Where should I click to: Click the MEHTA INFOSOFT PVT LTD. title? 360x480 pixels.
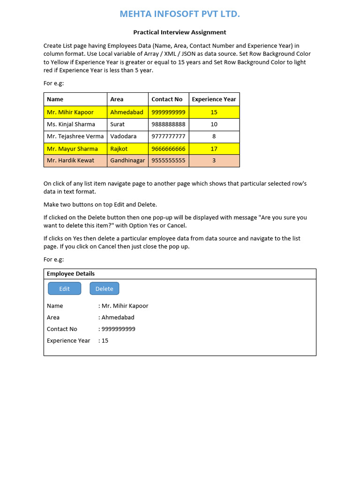point(180,14)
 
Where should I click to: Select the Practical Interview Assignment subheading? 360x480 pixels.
point(180,32)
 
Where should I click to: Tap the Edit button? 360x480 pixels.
point(64,289)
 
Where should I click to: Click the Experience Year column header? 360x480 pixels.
point(214,99)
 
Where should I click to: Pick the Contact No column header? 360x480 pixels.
point(167,99)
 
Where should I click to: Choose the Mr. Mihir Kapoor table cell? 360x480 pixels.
point(70,112)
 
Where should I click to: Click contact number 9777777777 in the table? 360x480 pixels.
point(168,136)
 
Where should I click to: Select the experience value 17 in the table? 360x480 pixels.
point(214,149)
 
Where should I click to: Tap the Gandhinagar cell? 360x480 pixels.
point(127,160)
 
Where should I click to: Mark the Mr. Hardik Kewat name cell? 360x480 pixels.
point(70,160)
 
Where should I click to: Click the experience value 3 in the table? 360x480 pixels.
point(214,160)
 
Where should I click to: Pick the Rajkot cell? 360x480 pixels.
point(119,149)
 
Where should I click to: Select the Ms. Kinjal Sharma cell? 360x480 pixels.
point(71,124)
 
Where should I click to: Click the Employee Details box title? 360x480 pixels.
point(71,274)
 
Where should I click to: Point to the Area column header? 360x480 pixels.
point(117,99)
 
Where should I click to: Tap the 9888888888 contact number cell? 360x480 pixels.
point(168,124)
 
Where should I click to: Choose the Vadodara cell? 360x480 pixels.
point(123,136)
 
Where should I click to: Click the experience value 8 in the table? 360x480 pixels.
point(214,136)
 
